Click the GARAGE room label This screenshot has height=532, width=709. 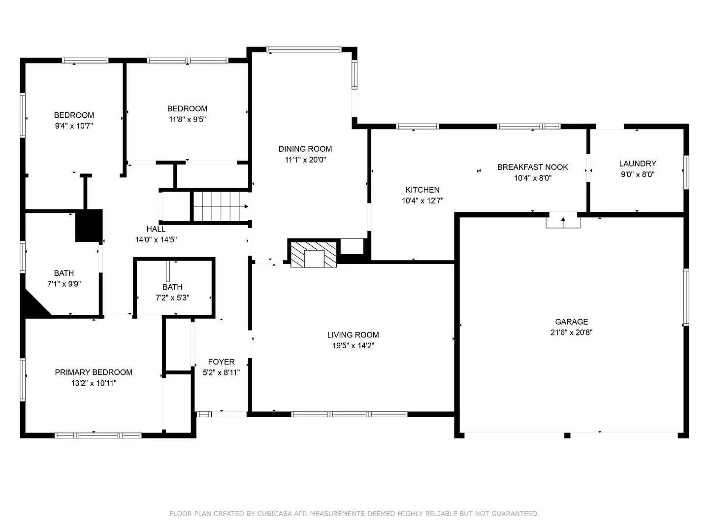[x=571, y=322]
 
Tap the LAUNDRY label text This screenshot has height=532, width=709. [x=637, y=164]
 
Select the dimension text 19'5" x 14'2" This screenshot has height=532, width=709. [x=353, y=346]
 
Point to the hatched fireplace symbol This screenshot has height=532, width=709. [x=314, y=254]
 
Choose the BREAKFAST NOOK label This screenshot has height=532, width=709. [x=532, y=167]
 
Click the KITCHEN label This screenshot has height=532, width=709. [x=422, y=190]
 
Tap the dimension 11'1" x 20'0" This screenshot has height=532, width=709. [x=305, y=160]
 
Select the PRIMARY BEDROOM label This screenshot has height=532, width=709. [x=94, y=372]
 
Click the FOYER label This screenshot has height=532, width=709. [x=221, y=362]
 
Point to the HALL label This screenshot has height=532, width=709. [x=156, y=229]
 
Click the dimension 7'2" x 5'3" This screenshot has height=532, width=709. [x=172, y=298]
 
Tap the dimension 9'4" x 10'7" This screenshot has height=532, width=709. [x=74, y=126]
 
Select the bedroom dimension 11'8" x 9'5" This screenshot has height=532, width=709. [x=187, y=119]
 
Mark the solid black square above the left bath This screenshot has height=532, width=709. [x=89, y=226]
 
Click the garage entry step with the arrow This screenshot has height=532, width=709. [x=563, y=221]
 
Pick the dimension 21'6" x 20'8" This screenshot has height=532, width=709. [x=571, y=332]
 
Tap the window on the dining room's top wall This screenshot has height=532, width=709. [x=303, y=49]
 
